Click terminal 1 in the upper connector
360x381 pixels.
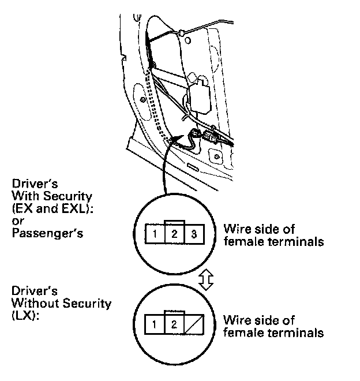pyautogui.click(x=156, y=234)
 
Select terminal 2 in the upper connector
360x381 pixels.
pyautogui.click(x=174, y=234)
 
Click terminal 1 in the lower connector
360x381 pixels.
pyautogui.click(x=156, y=324)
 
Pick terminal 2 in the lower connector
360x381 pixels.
pyautogui.click(x=174, y=324)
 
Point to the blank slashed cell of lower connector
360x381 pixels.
pyautogui.click(x=193, y=324)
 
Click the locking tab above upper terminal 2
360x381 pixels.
pyautogui.click(x=174, y=223)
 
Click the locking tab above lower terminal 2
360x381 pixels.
pyautogui.click(x=174, y=313)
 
